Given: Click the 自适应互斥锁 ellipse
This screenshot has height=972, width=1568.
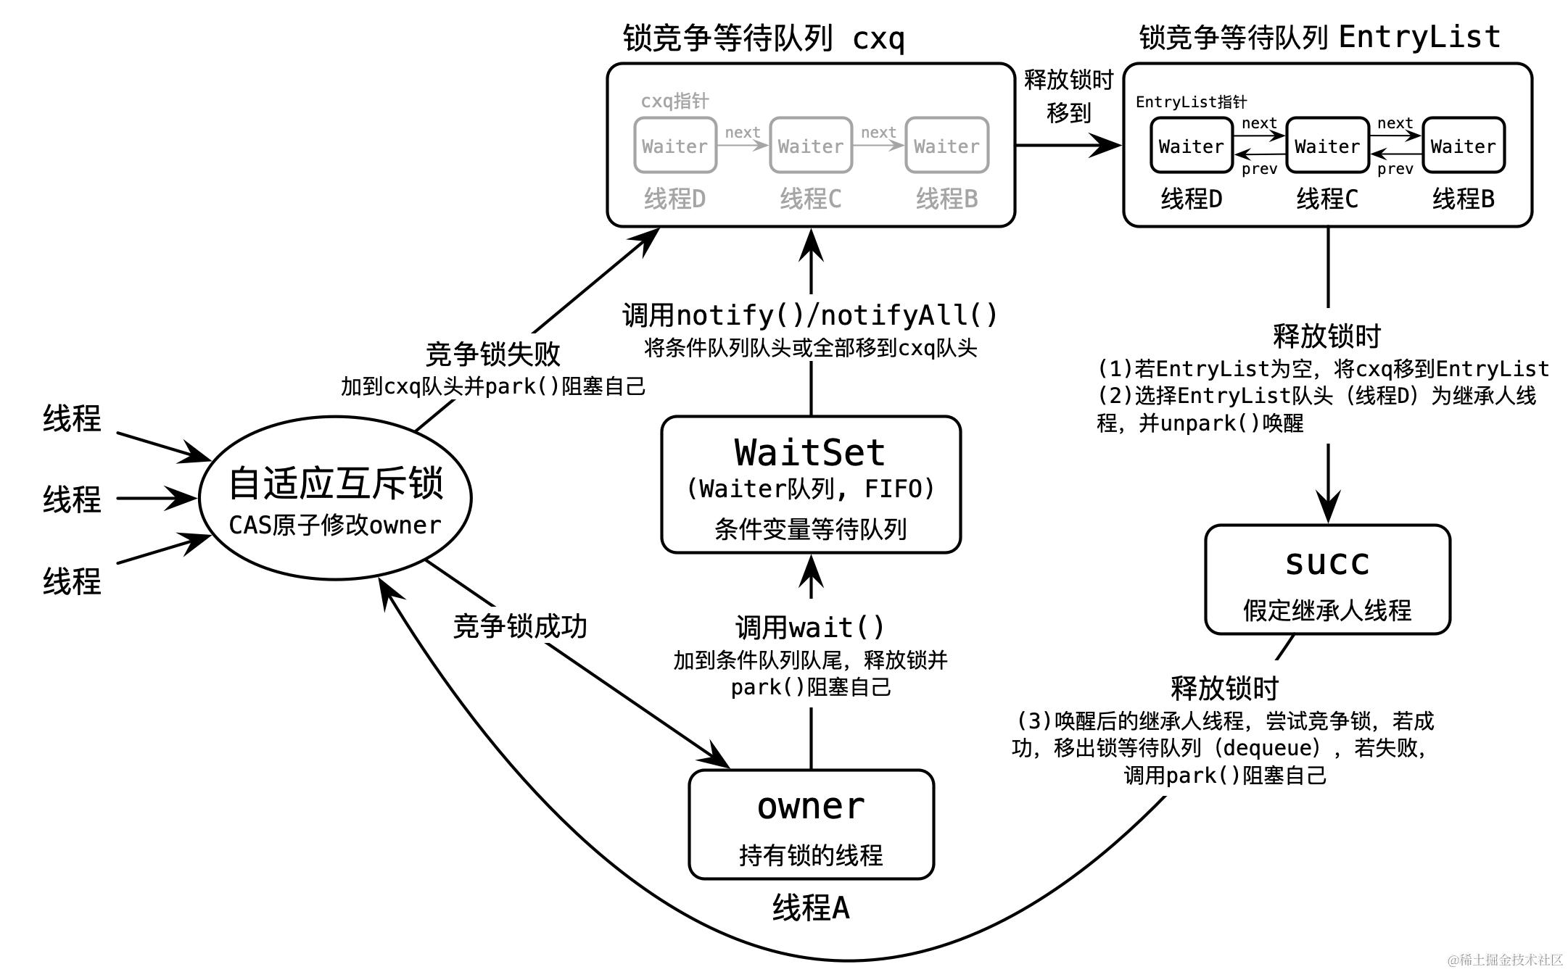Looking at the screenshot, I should (335, 499).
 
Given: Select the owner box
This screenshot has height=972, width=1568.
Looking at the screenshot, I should (811, 824).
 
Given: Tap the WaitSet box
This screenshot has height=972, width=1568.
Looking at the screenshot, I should (811, 484).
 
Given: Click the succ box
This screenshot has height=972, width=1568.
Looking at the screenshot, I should (1327, 579).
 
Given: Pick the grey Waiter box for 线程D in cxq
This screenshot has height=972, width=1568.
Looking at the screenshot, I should (675, 146).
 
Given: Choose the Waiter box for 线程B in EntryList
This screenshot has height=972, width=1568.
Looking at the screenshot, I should (1463, 146).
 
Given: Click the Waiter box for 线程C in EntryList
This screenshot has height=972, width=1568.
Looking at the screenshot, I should (1327, 146).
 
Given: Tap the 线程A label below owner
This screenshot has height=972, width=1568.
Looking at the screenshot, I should (811, 907).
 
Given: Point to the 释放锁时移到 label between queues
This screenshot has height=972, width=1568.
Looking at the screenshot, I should (1068, 96).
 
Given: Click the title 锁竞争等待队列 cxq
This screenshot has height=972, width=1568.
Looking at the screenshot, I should (764, 38).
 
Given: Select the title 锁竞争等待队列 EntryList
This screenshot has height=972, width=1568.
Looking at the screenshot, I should (1319, 36).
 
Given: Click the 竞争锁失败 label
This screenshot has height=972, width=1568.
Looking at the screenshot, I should (492, 354).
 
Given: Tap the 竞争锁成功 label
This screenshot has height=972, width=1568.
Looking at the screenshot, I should (519, 626).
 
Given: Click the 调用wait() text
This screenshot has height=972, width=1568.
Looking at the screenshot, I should (810, 627).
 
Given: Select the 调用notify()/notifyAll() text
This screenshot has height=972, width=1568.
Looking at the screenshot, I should (810, 315).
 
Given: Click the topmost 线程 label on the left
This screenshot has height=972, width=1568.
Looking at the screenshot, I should (71, 418).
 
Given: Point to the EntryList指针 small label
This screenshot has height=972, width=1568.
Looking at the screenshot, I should (1191, 101).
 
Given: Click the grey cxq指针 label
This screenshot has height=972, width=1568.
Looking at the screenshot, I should (674, 101).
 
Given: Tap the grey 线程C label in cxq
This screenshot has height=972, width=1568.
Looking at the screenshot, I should (810, 199).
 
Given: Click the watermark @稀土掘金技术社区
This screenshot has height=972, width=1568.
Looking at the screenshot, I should (1505, 960).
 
